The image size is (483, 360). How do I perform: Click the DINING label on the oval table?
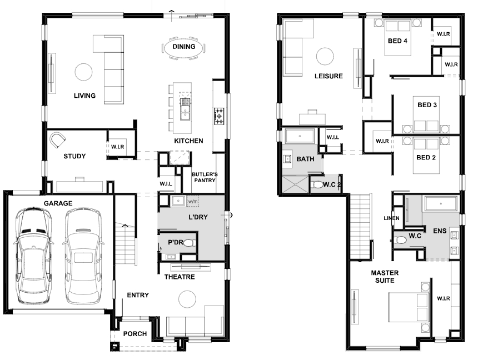point(183,47)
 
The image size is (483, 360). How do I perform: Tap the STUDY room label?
point(74,156)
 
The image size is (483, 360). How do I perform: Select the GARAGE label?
point(58,203)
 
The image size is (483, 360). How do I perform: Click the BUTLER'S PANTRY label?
point(205,177)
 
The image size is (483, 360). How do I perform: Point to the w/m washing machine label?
point(193,202)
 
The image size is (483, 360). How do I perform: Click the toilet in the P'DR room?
point(190,243)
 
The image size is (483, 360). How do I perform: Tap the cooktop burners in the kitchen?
point(219,116)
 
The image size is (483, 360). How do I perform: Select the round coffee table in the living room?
point(83,72)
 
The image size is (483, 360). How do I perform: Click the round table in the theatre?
point(187,299)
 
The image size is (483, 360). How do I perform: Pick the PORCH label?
point(135,334)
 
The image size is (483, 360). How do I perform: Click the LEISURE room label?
point(328,76)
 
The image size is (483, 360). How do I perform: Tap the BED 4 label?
point(397,41)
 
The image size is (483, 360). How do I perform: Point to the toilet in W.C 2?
point(317,185)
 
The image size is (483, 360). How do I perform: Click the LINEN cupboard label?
point(391,218)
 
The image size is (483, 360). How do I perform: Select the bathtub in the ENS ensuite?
point(441,203)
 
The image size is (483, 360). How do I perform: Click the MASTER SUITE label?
point(385,277)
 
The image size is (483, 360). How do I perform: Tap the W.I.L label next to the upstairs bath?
point(333,137)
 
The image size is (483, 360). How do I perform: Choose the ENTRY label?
point(138,295)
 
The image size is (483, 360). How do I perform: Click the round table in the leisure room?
point(325,56)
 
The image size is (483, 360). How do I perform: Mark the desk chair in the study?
point(58,140)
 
